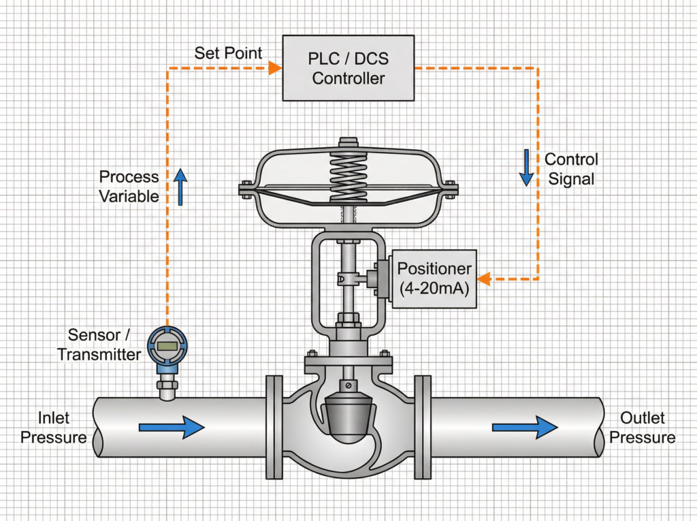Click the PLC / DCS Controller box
(348, 68)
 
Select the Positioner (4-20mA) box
(434, 279)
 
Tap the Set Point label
(228, 53)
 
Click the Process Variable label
(129, 187)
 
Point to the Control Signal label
(570, 169)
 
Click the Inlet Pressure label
(53, 428)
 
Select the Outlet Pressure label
(642, 428)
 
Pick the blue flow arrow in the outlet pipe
(525, 427)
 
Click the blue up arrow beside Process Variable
(180, 187)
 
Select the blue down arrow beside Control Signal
(526, 169)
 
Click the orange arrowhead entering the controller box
(275, 68)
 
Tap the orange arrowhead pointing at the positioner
(483, 279)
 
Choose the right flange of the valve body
(423, 426)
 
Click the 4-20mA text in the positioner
(434, 288)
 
